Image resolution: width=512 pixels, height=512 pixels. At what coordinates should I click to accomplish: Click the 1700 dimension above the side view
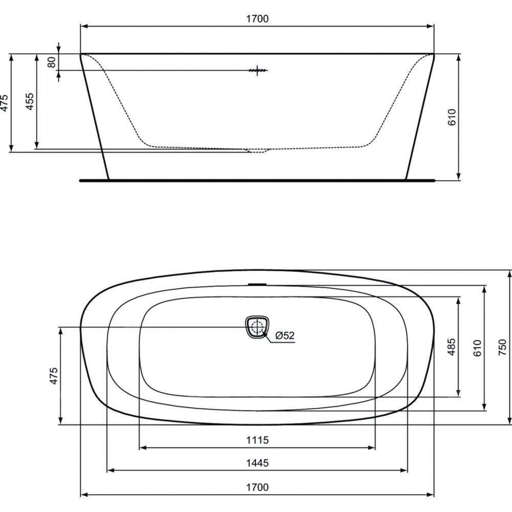(258, 18)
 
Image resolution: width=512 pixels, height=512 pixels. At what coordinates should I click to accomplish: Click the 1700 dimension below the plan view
(258, 487)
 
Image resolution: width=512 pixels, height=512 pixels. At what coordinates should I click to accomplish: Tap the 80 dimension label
(52, 62)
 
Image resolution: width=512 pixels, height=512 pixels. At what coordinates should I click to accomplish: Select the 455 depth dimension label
(29, 101)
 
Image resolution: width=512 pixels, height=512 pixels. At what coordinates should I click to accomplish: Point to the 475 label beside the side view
(4, 103)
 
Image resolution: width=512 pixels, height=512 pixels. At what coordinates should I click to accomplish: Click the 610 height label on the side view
(452, 117)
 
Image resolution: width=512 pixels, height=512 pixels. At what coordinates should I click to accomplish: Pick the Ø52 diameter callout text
(285, 335)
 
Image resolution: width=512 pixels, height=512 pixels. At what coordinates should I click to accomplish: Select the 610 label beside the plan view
(477, 348)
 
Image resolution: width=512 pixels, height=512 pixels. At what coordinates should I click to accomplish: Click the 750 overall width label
(503, 347)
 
